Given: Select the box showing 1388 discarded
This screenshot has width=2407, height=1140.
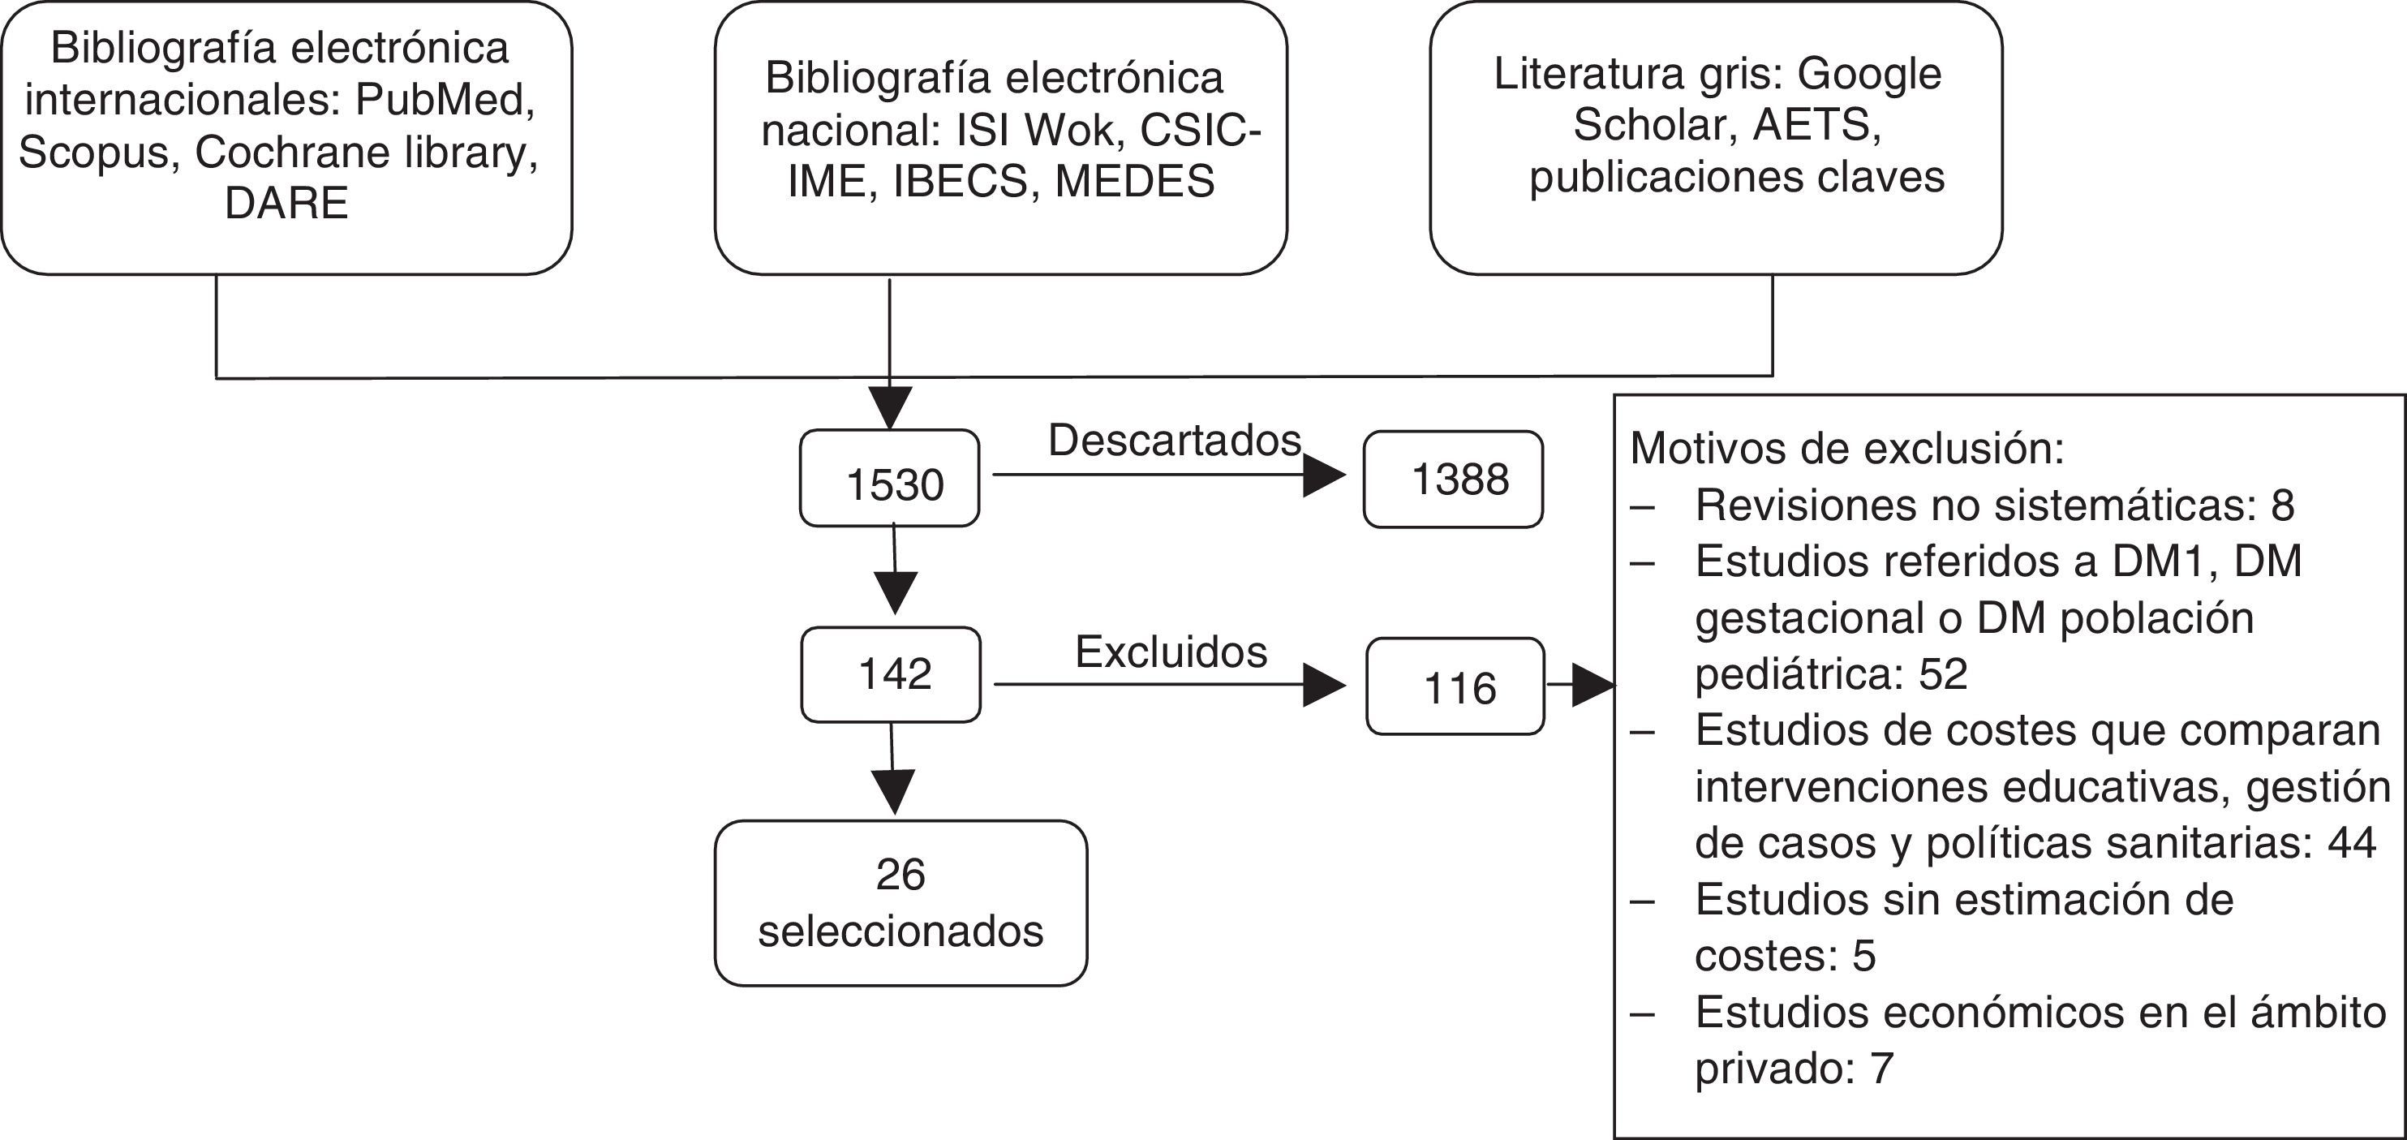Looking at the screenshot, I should pos(1453,480).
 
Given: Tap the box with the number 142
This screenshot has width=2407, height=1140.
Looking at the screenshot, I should pos(891,673).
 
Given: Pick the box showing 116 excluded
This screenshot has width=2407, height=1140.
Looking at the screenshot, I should pos(1455,686).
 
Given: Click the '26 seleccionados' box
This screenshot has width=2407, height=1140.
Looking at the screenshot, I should pos(900,902).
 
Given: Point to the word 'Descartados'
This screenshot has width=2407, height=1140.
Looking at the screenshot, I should pos(1175,440).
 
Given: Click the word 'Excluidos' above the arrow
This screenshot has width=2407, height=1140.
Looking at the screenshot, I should pos(1171,652).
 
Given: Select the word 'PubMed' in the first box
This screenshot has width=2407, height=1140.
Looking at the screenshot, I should pos(445,99).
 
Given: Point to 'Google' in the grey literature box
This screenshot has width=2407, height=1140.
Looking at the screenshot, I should pos(1869,74).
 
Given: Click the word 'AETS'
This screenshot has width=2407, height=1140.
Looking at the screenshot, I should pos(1816,124).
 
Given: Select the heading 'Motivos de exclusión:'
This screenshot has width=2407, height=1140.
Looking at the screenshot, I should pos(1846,449).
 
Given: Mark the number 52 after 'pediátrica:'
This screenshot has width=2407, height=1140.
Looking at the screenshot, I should pos(1944,673).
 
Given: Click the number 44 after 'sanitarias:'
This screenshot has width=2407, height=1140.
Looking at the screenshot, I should pos(2351,843).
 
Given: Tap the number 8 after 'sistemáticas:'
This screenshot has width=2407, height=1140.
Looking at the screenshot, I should pos(2283,505).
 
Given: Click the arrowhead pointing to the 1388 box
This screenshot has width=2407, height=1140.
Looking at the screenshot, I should pos(1324,475).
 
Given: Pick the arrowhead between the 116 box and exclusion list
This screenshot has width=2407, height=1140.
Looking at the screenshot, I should pos(1593,685).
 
